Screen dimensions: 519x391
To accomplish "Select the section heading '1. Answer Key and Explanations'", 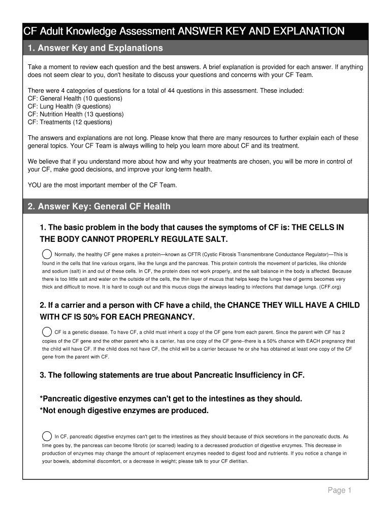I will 95,48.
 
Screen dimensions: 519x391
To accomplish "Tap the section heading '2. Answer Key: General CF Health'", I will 99,206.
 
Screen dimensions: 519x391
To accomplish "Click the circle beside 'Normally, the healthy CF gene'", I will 46,254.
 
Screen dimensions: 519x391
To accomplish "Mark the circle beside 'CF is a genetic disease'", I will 46,332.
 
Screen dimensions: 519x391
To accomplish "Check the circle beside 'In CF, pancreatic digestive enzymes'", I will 46,436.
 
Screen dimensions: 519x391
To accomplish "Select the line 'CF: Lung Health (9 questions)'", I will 69,106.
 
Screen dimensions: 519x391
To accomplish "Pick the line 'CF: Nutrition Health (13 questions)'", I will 76,114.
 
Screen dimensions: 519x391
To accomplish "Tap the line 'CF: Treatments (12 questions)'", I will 70,122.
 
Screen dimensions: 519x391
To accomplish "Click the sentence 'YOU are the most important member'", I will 102,185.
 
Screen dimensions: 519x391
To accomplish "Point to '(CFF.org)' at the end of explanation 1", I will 330,287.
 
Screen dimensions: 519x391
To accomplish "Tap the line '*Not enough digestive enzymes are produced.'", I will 124,411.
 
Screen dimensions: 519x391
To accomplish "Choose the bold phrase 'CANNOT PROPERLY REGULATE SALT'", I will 157,239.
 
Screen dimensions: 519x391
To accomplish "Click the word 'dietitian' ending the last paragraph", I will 238,462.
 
